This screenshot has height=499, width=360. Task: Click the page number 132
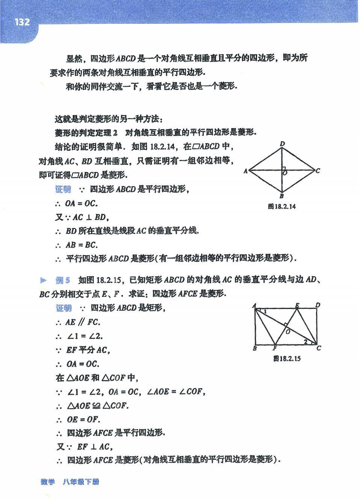click(x=22, y=22)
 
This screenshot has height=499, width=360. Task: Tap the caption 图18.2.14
click(x=282, y=206)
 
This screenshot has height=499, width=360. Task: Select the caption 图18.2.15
click(x=287, y=358)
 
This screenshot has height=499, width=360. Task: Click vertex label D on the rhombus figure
click(x=283, y=144)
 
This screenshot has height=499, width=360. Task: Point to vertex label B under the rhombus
click(x=282, y=196)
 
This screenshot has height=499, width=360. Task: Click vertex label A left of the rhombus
click(x=245, y=171)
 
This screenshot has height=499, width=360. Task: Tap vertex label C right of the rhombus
click(x=318, y=171)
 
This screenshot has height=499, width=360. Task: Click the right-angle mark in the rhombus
click(x=284, y=168)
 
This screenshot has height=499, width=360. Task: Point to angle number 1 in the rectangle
click(x=265, y=311)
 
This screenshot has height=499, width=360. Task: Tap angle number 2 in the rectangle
click(x=306, y=342)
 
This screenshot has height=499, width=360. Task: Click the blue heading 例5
click(x=63, y=280)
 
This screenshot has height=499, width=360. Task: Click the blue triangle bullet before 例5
click(x=44, y=280)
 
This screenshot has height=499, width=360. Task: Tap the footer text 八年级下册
click(x=81, y=482)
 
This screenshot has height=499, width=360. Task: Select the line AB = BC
click(x=82, y=245)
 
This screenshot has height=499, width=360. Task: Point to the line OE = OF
click(x=83, y=419)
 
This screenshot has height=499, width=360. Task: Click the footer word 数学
click(x=48, y=482)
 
